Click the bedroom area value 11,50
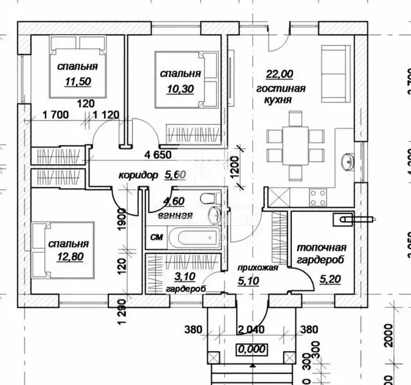coord(77,81)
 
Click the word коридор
coord(138,175)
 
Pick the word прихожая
coord(257,268)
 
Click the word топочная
coord(321,247)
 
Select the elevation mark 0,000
coord(253,350)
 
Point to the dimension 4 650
coord(158,155)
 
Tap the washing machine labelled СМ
coord(156,237)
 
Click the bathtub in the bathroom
coord(201,237)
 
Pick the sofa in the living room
coord(334,71)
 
